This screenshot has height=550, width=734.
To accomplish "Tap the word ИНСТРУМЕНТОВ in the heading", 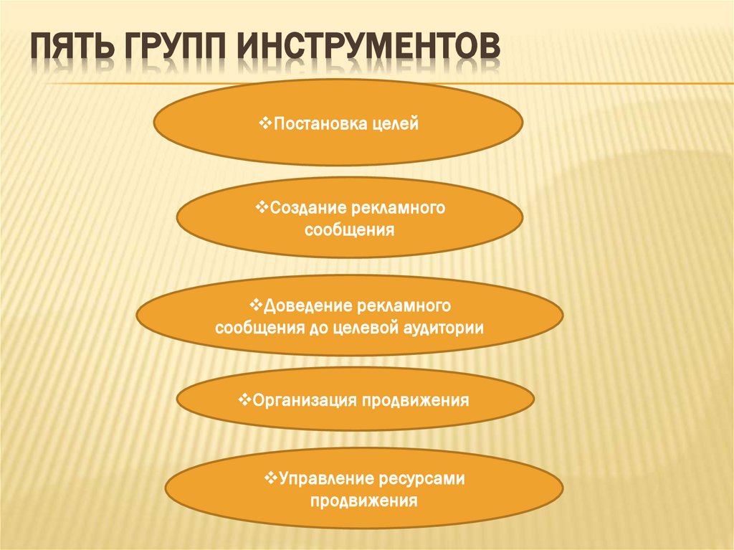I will (366, 49).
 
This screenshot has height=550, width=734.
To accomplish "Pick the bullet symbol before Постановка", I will (262, 125).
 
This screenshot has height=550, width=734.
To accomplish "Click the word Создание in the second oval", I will (309, 209).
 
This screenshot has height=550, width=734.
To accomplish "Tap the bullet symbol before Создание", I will (260, 208).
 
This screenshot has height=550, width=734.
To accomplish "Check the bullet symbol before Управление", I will (271, 478).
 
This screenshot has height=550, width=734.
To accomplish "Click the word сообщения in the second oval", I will (350, 230).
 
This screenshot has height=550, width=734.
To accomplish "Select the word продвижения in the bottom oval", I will (364, 500).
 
